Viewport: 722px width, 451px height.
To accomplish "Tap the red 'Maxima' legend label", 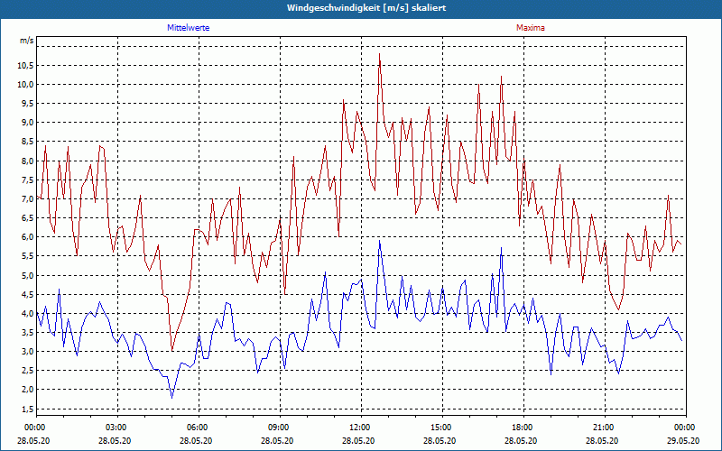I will click(x=530, y=28).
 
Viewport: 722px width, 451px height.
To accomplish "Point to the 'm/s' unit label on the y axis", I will click(x=27, y=41).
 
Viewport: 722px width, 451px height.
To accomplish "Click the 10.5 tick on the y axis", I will click(x=23, y=66).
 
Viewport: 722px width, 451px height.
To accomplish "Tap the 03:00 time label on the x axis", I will click(x=116, y=428).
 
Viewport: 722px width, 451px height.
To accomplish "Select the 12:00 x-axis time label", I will click(x=359, y=428).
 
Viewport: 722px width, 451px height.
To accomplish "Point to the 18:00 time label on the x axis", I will click(x=522, y=428).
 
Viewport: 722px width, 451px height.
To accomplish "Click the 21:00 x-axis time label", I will click(x=603, y=428).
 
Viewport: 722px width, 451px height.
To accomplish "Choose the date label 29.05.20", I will click(x=683, y=441).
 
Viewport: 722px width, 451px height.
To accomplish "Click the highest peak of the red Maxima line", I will click(x=380, y=54).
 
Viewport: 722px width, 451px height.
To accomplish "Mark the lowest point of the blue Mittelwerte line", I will click(x=171, y=398).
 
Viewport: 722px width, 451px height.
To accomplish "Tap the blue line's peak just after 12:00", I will click(x=380, y=241).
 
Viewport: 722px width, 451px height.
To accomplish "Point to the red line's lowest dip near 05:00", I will click(x=171, y=351).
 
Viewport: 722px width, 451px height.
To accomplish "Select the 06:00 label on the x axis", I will click(x=198, y=428).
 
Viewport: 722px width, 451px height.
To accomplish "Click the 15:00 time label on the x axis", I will click(x=440, y=428).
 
